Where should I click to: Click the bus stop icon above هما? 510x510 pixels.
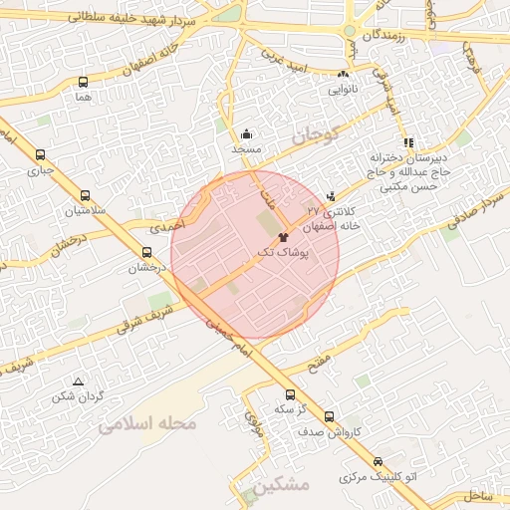(x=83, y=83)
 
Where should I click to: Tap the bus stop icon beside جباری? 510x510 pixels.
(x=40, y=154)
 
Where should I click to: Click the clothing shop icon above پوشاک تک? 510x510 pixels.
(x=283, y=238)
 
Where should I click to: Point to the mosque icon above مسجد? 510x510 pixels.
(x=246, y=133)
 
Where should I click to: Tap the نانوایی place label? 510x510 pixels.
(x=344, y=88)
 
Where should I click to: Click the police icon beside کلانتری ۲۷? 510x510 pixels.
(x=332, y=195)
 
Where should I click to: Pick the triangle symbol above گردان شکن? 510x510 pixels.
(x=78, y=382)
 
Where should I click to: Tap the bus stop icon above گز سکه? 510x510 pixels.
(x=290, y=393)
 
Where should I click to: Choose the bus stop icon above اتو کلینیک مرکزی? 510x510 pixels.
(x=378, y=462)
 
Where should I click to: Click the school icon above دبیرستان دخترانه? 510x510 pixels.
(x=407, y=141)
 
